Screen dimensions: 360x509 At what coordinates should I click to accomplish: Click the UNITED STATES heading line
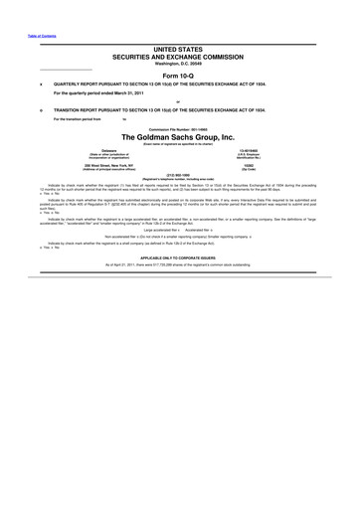tap(179, 48)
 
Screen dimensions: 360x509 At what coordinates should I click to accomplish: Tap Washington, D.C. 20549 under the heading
tap(179, 64)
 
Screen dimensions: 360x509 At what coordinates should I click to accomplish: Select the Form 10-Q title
tap(179, 76)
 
